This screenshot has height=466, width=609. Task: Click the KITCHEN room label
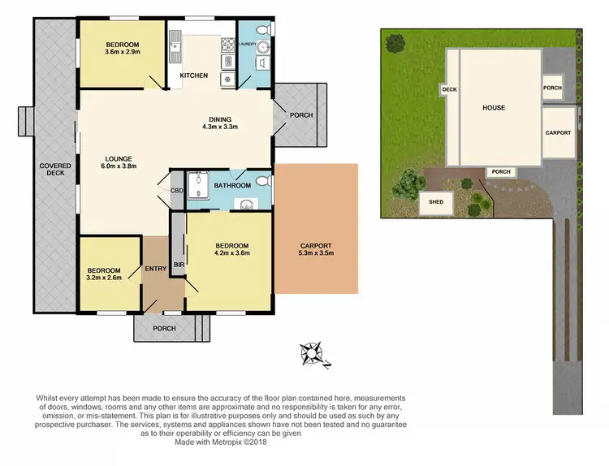pyautogui.click(x=194, y=76)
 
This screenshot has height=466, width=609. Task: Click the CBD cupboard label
pyautogui.click(x=176, y=192)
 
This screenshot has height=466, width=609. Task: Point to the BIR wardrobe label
pyautogui.click(x=177, y=264)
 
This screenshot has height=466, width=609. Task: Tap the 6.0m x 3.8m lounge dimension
pyautogui.click(x=119, y=167)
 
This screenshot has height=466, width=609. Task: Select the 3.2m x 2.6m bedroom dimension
pyautogui.click(x=105, y=279)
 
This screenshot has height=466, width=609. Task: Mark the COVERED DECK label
pyautogui.click(x=56, y=169)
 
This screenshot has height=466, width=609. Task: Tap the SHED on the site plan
pyautogui.click(x=436, y=202)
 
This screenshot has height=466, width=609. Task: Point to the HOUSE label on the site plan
pyautogui.click(x=494, y=107)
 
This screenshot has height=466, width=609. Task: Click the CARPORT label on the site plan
pyautogui.click(x=558, y=132)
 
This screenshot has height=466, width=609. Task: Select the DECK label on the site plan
pyautogui.click(x=448, y=89)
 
